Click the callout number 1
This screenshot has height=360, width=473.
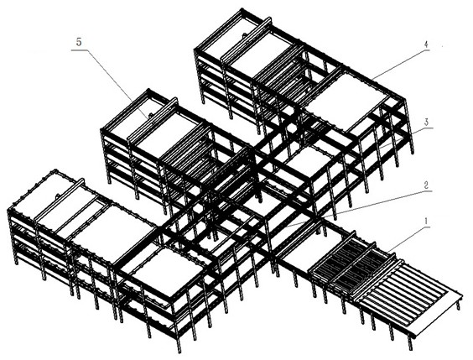(426, 222)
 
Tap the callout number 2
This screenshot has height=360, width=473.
(426, 185)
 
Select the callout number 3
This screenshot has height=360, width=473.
(427, 123)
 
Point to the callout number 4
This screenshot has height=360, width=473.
(425, 44)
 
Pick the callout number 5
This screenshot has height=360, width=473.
(79, 42)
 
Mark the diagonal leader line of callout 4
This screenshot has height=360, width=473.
(397, 64)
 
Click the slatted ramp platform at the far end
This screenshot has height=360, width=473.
(409, 295)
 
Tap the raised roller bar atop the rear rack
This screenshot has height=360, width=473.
(247, 39)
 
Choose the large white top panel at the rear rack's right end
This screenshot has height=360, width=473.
(347, 102)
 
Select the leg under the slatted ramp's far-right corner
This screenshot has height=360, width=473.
(459, 303)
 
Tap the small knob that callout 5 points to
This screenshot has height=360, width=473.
(149, 115)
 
